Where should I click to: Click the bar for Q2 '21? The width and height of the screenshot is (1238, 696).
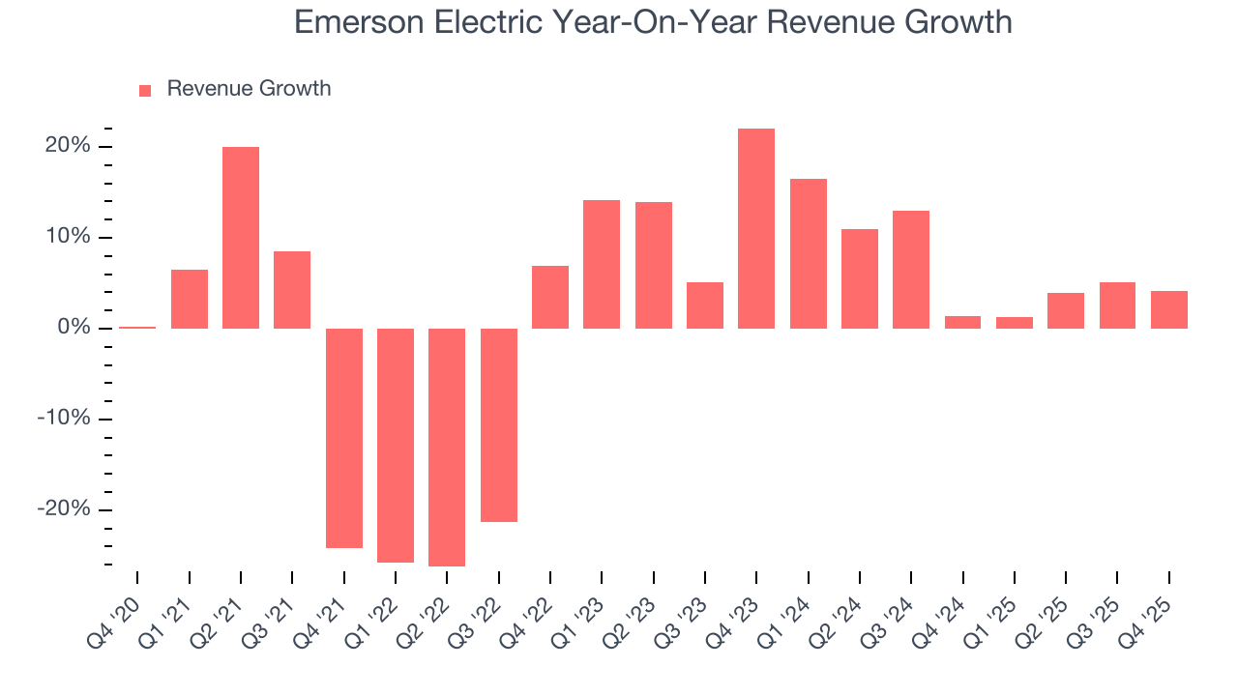coord(241,238)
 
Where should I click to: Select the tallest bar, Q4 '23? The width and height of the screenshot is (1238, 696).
coord(756,229)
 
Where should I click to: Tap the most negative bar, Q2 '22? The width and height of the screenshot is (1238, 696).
coord(447,447)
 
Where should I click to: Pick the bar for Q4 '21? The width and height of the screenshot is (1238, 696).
coord(344,438)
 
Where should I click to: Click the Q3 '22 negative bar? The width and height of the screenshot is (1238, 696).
coord(499,425)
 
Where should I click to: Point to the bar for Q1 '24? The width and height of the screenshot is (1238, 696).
coord(808,253)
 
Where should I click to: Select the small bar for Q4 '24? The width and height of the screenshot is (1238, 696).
coord(962,322)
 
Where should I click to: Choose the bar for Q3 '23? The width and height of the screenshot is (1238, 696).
coord(705,305)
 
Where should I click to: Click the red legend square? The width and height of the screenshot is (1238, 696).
coord(145,91)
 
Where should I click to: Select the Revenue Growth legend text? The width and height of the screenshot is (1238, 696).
coord(249,89)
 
